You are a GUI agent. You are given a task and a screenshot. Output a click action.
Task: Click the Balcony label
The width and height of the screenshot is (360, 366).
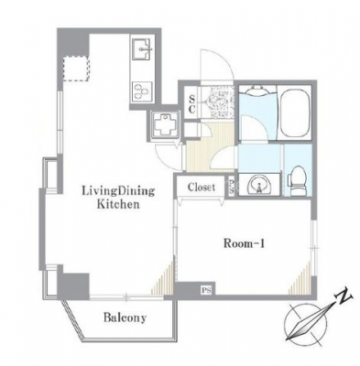[125, 318]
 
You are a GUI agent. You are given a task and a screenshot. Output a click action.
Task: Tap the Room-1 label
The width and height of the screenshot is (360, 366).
[244, 243]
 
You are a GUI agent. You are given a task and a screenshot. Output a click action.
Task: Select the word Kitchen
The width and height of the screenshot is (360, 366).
[118, 204]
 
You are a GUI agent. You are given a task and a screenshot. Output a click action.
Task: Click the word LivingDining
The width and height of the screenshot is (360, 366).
[118, 191]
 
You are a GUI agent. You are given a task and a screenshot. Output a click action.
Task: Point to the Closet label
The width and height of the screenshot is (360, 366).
[202, 187]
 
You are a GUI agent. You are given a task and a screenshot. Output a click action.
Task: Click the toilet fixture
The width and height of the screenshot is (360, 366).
[298, 181]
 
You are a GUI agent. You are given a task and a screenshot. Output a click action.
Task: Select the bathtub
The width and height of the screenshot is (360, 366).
[294, 113]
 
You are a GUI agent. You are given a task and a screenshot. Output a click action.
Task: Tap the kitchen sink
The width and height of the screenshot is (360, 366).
[141, 49]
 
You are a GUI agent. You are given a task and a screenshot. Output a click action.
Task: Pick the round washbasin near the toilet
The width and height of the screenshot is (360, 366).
[259, 184]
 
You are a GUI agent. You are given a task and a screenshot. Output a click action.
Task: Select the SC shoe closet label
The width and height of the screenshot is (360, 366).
[191, 104]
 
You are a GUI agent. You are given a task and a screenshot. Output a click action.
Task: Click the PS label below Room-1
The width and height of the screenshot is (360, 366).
[207, 290]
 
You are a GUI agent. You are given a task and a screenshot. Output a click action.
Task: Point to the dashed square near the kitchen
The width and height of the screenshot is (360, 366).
[76, 69]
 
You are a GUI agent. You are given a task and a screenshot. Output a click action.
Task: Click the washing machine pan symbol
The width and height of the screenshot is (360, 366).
[165, 124]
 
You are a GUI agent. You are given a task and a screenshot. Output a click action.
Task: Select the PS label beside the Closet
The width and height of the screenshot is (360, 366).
[231, 186]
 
